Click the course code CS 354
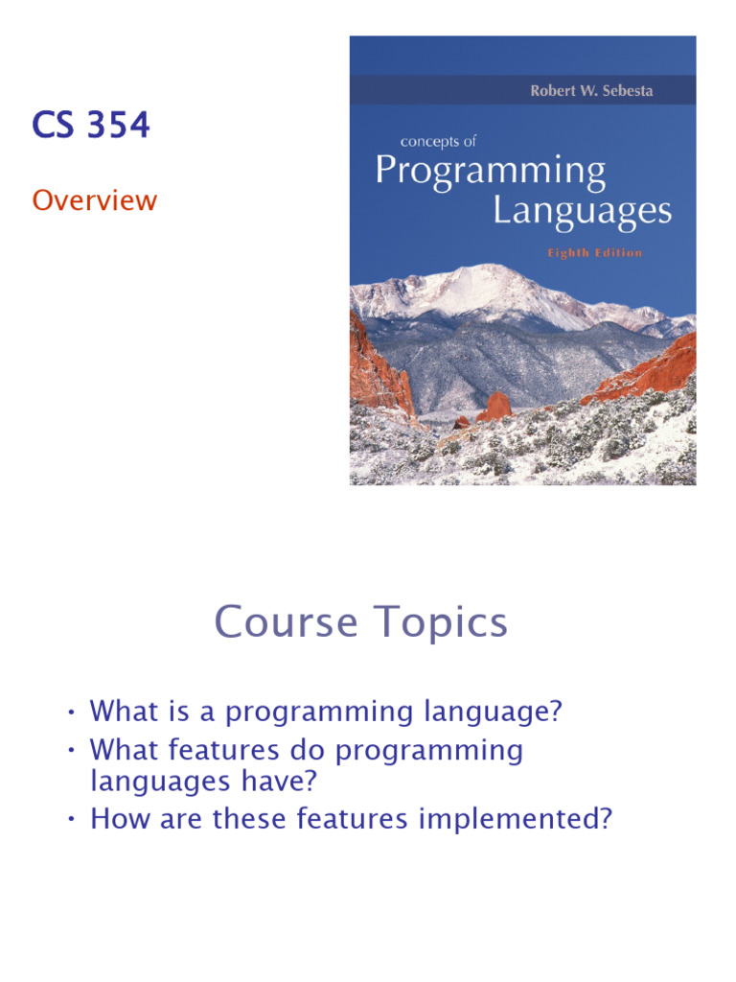(91, 126)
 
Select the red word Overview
(94, 200)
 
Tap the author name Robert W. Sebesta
(591, 91)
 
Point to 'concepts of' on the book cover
(438, 141)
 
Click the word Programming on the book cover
(490, 173)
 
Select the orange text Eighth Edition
(594, 253)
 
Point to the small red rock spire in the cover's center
(495, 407)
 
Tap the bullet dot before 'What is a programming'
(72, 713)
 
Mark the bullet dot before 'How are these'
(72, 821)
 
